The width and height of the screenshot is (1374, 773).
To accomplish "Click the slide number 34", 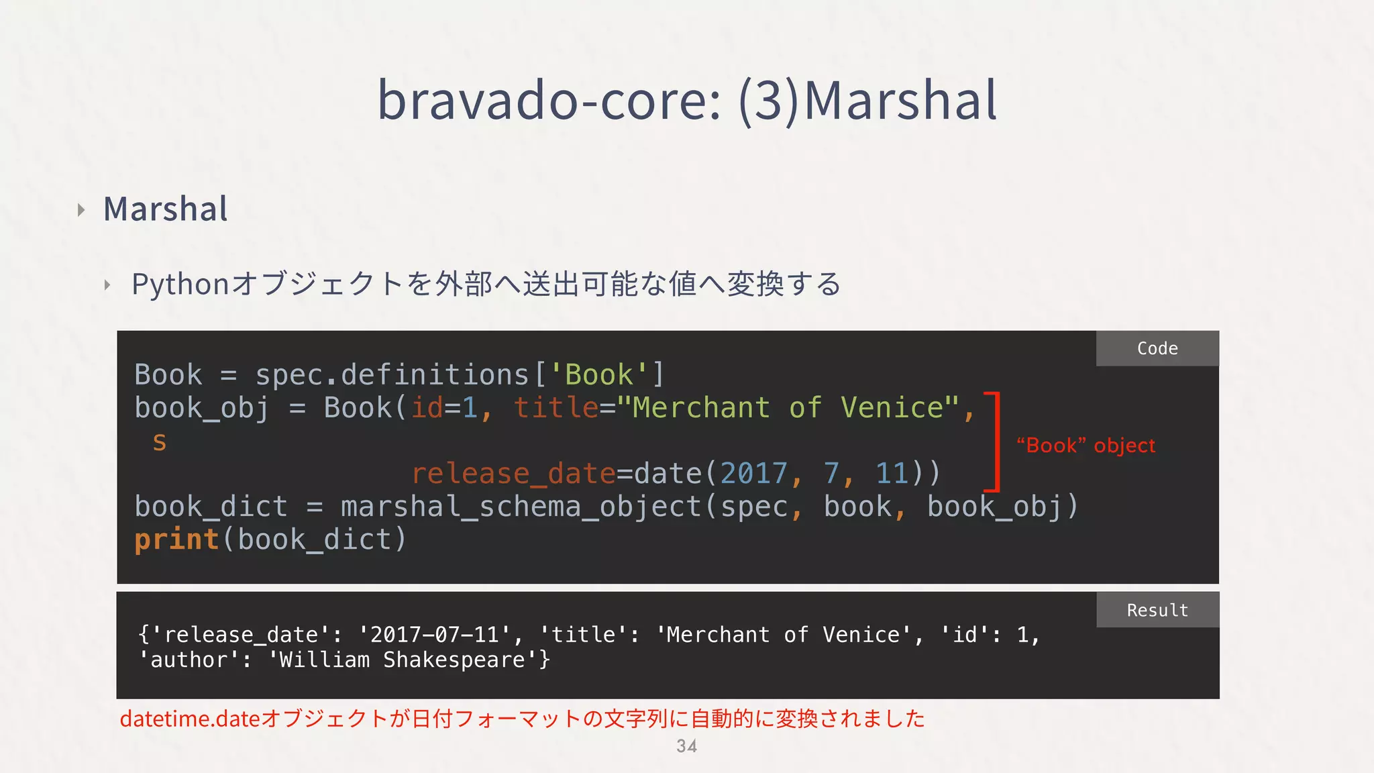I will click(x=686, y=746).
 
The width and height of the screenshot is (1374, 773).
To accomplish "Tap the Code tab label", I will click(x=1157, y=348).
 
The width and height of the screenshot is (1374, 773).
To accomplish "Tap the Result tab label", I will click(x=1157, y=610).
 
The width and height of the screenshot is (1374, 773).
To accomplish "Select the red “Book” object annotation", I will click(x=1086, y=446).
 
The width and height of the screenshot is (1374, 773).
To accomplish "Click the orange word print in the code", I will click(x=176, y=539).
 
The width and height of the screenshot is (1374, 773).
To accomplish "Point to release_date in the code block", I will click(x=513, y=474).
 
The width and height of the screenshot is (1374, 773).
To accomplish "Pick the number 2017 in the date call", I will click(x=753, y=474).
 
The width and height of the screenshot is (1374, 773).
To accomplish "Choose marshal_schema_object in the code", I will click(x=521, y=507).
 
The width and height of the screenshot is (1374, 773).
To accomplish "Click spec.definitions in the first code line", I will click(x=392, y=374).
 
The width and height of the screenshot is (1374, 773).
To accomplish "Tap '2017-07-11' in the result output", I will click(x=434, y=635).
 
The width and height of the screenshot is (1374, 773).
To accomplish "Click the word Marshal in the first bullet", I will click(x=166, y=209).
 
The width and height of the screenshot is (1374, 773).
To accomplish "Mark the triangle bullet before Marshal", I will click(x=81, y=210).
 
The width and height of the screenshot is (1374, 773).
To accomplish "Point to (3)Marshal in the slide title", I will click(x=867, y=101).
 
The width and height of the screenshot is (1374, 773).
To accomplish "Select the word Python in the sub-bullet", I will click(x=180, y=285).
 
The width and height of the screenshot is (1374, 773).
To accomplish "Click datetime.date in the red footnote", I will click(x=190, y=719).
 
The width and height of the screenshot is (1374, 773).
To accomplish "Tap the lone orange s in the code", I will click(x=159, y=442).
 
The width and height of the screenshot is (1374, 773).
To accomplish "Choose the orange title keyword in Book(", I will click(x=556, y=408).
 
